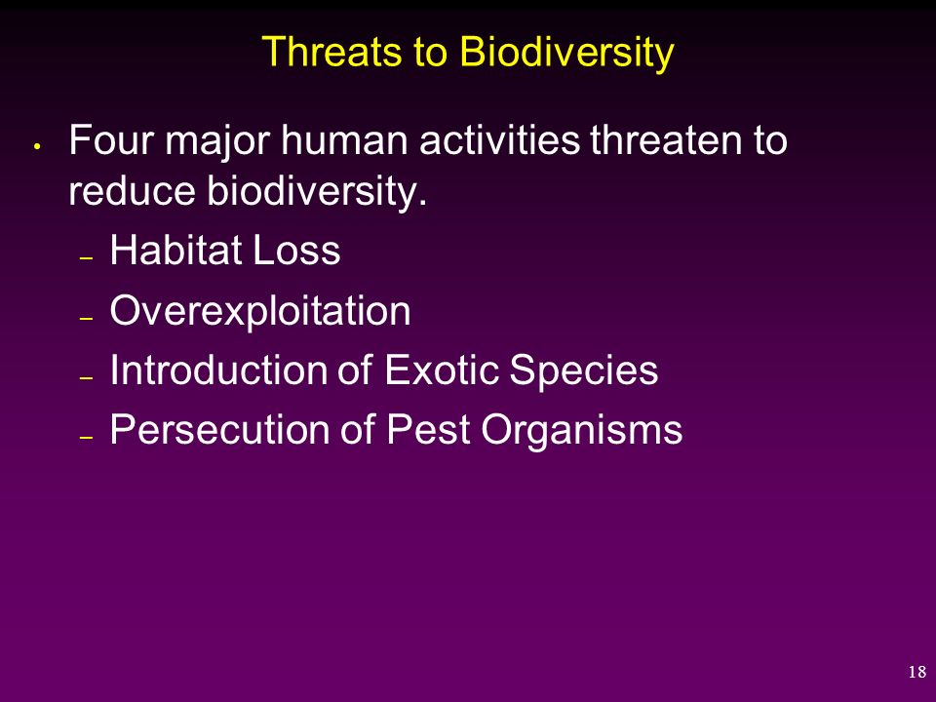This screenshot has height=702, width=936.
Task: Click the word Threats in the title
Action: point(331,51)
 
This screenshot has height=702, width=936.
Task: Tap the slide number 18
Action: point(916,672)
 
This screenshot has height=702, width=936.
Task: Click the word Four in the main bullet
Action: point(111,139)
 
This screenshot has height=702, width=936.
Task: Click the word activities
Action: point(499,139)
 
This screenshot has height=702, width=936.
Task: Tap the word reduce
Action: point(132,190)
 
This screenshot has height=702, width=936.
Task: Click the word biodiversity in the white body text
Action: point(316,192)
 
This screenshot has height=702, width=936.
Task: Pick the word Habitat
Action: point(175,250)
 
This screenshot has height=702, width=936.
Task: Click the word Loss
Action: point(296,250)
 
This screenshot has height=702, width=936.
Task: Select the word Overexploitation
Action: point(260,311)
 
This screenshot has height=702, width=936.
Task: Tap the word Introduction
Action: point(219,370)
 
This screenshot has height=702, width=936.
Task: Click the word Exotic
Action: point(441,370)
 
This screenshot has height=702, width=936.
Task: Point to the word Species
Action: point(583,371)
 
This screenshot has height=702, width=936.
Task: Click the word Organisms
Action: point(581,431)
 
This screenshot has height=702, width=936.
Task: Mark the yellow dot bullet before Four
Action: point(37,146)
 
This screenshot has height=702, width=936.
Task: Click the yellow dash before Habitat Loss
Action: point(86,257)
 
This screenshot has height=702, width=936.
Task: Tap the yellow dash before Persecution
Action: point(86,437)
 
